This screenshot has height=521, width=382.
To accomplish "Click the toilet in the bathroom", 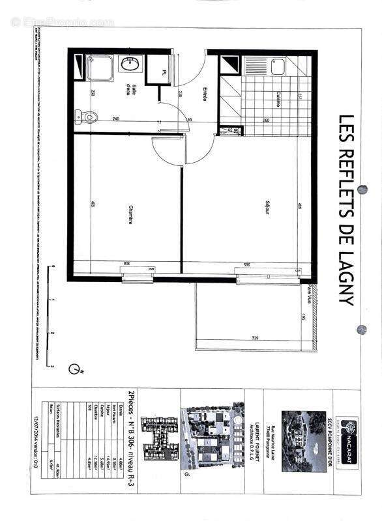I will pyautogui.click(x=89, y=117).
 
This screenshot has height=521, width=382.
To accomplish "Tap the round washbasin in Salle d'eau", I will pyautogui.click(x=128, y=64).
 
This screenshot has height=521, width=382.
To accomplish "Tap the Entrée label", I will pyautogui.click(x=204, y=94).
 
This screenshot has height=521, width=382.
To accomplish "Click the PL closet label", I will pyautogui.click(x=165, y=72).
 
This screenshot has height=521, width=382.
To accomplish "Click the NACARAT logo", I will pyautogui.click(x=349, y=427).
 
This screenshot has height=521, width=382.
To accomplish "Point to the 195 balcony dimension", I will pyautogui.click(x=304, y=317).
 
